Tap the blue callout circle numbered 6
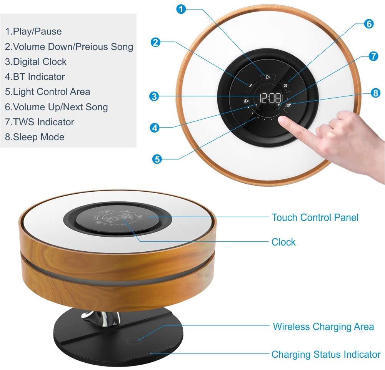pos(368,24)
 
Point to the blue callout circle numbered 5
pos(157,159)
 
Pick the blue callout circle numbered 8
pos(376,93)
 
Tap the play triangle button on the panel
pos(268,77)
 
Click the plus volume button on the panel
pos(286,85)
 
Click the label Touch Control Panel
pos(315,217)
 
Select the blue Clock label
pos(283,242)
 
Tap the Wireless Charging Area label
pos(323,327)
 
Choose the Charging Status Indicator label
pos(326,354)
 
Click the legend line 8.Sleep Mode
pos(35,137)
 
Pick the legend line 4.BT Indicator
pos(35,77)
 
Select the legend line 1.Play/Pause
pos(33,32)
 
